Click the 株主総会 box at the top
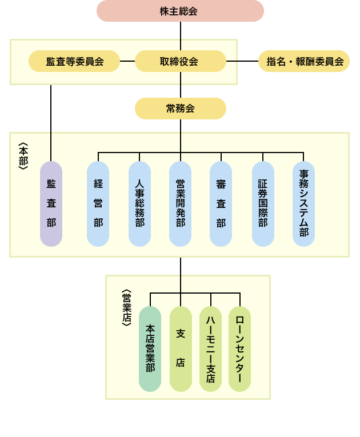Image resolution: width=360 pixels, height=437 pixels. coord(180,11)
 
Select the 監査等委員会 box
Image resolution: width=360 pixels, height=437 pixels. coord(74,61)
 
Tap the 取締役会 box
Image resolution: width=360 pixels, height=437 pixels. coord(180,61)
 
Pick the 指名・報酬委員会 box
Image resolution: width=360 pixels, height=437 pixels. coord(304,61)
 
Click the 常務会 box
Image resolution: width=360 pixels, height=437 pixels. coord(180,109)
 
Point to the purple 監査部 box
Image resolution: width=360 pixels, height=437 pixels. coord(51,204)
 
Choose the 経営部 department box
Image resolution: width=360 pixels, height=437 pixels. coord(98,204)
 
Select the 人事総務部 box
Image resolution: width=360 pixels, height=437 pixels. coord(139,204)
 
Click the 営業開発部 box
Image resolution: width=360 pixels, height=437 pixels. coord(180,204)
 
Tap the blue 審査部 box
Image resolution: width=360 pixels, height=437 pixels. coord(221,204)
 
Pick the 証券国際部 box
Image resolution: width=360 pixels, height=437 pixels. coord(263,204)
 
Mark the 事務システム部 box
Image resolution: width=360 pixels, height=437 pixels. coord(303,204)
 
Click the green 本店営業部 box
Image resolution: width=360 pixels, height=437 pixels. coord(150,348)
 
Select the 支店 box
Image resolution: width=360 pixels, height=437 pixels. coord(181,348)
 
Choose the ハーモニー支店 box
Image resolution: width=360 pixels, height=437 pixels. coord(210,348)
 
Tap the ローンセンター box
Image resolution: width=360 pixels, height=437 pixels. coord(239,348)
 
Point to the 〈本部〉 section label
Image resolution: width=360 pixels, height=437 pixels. coord(23,156)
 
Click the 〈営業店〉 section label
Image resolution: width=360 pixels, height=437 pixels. coord(127,307)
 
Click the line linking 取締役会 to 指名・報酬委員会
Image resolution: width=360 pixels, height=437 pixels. coord(242,61)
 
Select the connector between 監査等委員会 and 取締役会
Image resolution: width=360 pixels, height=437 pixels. coord(127,61)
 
